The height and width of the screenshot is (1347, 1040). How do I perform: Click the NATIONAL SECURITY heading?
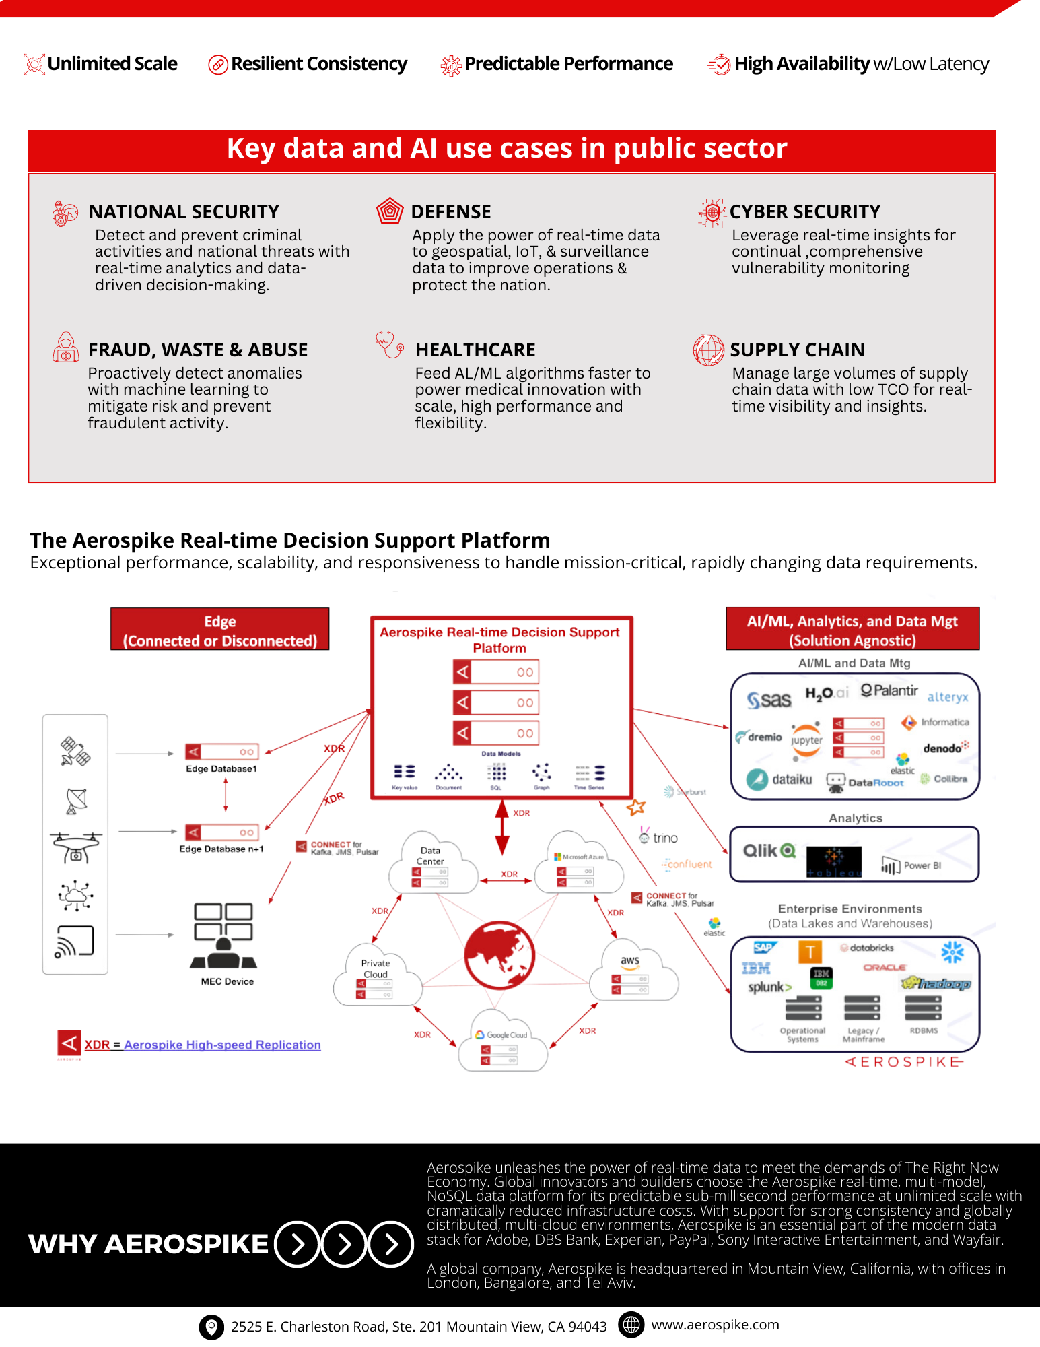point(184,212)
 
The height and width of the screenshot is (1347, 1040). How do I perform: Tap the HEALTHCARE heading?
point(475,350)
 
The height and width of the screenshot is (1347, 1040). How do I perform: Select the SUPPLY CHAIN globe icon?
point(709,350)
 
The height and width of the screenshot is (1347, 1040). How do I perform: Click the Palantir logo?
point(889,691)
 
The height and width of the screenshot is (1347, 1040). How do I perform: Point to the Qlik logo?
point(769,851)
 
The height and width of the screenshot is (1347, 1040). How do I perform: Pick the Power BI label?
point(922,865)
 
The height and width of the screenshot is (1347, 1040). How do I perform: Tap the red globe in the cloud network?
point(499,955)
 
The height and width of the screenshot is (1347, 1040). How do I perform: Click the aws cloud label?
point(630,960)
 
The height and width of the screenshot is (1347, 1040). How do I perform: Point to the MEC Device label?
point(228,981)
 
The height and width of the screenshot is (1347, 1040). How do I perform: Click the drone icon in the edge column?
point(76,846)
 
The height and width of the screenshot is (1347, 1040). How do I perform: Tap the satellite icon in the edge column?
point(75,752)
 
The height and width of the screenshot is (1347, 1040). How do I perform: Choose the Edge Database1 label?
point(221,768)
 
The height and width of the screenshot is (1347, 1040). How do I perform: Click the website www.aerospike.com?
point(715,1325)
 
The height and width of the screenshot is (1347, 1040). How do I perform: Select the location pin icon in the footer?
point(211,1327)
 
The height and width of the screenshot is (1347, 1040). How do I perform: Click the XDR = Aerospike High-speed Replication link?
point(203,1045)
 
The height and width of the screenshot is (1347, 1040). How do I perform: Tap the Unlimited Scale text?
point(112,64)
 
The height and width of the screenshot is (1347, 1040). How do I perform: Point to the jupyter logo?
point(806,740)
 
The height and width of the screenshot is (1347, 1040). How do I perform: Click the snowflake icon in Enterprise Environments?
point(952,952)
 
